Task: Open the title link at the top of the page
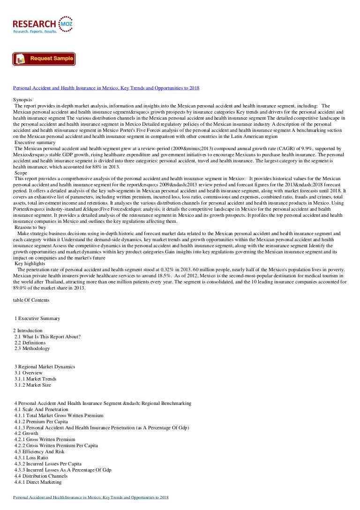pos(106,88)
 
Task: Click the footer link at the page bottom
pos(90,497)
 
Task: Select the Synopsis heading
pos(23,100)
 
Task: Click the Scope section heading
pos(21,173)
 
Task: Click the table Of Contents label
pos(31,300)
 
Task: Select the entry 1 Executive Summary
pos(37,318)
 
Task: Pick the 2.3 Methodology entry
pos(32,349)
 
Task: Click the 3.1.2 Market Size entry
pos(33,385)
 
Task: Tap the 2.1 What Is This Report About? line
pos(47,336)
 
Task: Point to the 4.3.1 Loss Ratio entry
pos(32,457)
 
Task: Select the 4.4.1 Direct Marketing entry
pos(38,482)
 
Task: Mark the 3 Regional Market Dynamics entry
pos(45,366)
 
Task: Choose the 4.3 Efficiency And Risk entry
pos(39,451)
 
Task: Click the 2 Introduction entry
pos(28,330)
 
